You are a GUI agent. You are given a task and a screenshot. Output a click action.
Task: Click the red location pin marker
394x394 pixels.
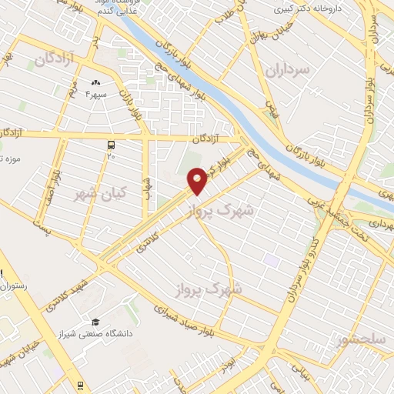point(197,180)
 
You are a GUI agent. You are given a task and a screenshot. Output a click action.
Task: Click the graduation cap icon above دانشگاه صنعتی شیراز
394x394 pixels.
point(95,322)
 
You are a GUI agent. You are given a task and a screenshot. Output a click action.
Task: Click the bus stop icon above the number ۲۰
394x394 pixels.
point(112,144)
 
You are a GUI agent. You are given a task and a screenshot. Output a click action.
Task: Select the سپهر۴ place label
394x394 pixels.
point(97,95)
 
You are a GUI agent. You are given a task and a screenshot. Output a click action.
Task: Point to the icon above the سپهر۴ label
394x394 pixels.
point(96,83)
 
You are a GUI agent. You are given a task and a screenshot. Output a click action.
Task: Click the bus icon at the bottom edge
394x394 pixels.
point(79,385)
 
